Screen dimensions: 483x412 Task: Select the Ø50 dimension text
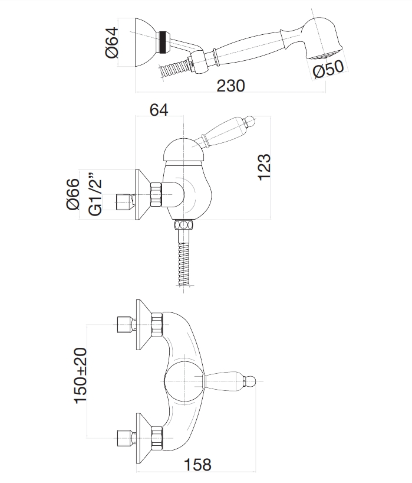click(328, 70)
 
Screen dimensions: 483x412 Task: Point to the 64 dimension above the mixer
click(160, 110)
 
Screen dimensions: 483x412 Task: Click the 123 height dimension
click(265, 167)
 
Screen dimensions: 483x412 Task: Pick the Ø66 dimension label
click(73, 194)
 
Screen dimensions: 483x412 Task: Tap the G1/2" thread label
click(94, 194)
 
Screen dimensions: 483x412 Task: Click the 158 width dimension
click(198, 465)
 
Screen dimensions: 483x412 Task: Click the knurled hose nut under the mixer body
click(183, 226)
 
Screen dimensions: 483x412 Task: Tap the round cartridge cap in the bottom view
click(184, 381)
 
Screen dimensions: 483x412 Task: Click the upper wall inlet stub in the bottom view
click(124, 324)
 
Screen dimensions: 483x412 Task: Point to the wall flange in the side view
click(142, 195)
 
